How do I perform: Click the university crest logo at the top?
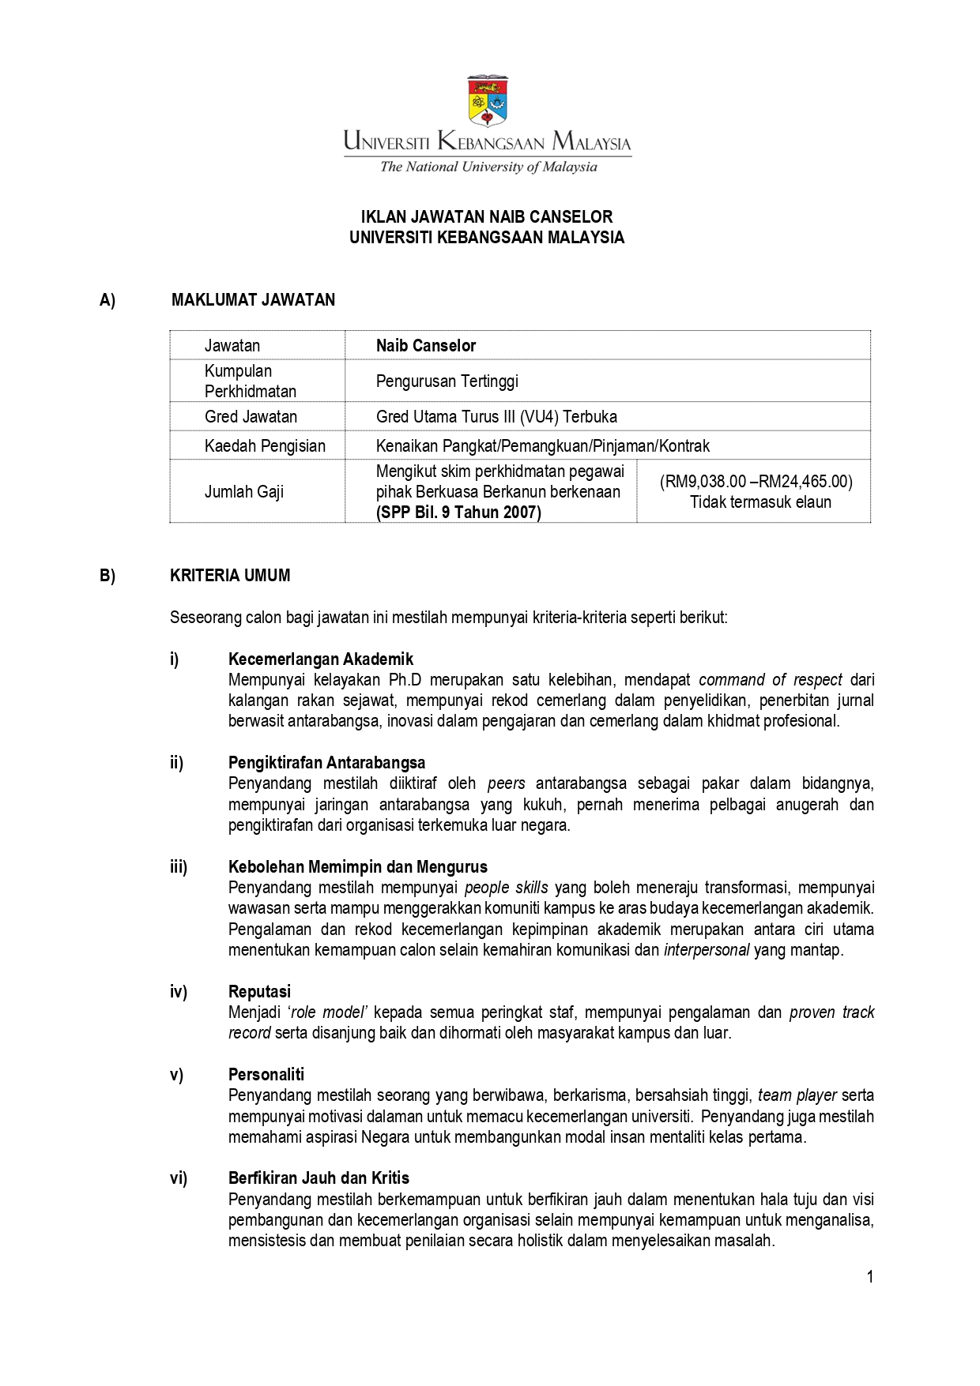pyautogui.click(x=488, y=101)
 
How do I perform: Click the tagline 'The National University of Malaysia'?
pyautogui.click(x=488, y=167)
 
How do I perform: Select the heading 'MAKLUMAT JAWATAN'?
pyautogui.click(x=253, y=300)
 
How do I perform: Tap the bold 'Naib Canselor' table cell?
pyautogui.click(x=426, y=346)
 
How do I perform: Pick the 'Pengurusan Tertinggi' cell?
pyautogui.click(x=447, y=381)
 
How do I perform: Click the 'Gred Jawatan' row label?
pyautogui.click(x=251, y=417)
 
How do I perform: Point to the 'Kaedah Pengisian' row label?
pyautogui.click(x=265, y=446)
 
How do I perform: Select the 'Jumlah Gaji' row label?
pyautogui.click(x=243, y=492)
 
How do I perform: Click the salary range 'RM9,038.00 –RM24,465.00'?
pyautogui.click(x=756, y=482)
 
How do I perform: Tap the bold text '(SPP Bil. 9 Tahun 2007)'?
pyautogui.click(x=458, y=513)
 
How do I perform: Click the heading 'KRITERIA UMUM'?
pyautogui.click(x=230, y=576)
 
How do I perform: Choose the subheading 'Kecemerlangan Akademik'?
pyautogui.click(x=320, y=659)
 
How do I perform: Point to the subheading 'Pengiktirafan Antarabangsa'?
pyautogui.click(x=326, y=763)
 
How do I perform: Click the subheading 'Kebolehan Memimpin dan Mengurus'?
pyautogui.click(x=357, y=867)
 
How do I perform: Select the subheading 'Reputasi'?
pyautogui.click(x=259, y=992)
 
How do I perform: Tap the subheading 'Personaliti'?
pyautogui.click(x=266, y=1075)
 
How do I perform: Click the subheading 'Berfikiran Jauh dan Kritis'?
pyautogui.click(x=318, y=1178)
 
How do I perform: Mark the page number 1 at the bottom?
pyautogui.click(x=869, y=1277)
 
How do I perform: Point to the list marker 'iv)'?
pyautogui.click(x=179, y=992)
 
